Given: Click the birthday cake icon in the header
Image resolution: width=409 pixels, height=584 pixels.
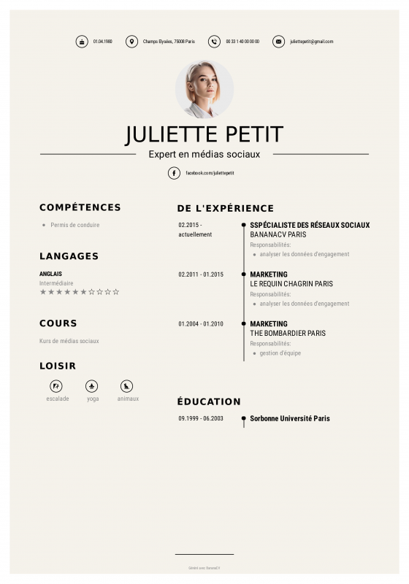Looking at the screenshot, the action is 82,42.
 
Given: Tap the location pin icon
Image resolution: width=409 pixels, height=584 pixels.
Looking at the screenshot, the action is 131,42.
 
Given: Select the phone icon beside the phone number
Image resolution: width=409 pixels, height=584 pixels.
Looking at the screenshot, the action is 214,42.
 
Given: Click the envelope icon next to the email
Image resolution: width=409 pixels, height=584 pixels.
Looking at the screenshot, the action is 278,42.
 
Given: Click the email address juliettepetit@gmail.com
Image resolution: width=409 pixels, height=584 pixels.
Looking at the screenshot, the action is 311,42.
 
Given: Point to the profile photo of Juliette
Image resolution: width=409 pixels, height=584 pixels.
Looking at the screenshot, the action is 204,89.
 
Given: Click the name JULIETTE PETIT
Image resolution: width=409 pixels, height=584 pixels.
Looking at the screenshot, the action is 204,134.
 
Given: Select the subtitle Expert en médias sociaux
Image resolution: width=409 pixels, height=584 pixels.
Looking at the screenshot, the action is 204,154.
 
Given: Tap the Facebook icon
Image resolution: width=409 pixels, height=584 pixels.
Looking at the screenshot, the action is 174,173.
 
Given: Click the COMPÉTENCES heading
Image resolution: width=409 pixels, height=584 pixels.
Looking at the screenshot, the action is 80,207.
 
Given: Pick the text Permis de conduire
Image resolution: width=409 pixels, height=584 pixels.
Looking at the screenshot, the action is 75,225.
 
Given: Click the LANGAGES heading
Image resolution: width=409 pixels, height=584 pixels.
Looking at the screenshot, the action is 69,256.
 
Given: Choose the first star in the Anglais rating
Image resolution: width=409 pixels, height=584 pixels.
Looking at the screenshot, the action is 43,292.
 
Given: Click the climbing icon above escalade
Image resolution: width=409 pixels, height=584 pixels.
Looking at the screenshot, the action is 57,386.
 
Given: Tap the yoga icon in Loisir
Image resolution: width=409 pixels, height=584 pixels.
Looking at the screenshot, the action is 92,386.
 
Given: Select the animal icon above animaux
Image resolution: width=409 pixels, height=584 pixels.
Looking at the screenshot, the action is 127,386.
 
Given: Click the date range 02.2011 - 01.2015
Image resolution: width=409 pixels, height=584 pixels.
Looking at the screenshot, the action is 201,274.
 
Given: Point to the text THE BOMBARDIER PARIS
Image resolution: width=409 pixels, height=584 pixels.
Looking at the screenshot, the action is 288,334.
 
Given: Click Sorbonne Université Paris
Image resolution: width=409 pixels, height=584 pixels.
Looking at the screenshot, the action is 290,419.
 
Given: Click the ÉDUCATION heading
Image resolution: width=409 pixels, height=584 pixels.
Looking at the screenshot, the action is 209,401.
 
